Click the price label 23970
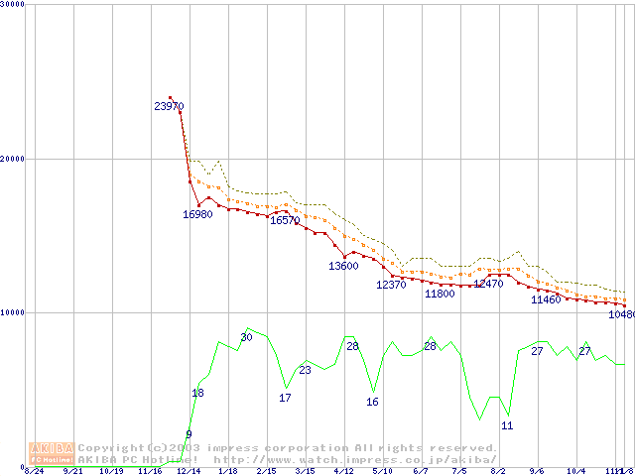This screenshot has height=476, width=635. tap(169, 106)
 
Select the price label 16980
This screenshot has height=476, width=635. tap(197, 214)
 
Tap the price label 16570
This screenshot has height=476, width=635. tap(285, 220)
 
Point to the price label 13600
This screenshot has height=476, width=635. tap(343, 266)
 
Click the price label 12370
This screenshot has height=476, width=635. tap(391, 285)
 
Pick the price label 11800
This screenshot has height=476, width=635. tap(439, 294)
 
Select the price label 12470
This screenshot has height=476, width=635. tap(488, 284)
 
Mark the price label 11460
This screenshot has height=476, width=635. tap(546, 299)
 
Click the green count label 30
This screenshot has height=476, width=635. tap(246, 338)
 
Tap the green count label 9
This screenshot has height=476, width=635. tap(189, 434)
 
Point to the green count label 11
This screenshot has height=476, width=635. tap(507, 425)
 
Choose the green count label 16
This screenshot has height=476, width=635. tap(372, 402)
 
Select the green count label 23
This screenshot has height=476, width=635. tap(305, 370)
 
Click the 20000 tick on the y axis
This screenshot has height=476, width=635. tap(13, 159)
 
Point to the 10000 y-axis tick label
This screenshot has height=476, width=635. tap(13, 312)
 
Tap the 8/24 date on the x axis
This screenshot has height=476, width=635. tap(34, 471)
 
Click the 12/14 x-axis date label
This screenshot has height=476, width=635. tap(189, 471)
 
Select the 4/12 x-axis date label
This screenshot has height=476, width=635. tap(343, 471)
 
